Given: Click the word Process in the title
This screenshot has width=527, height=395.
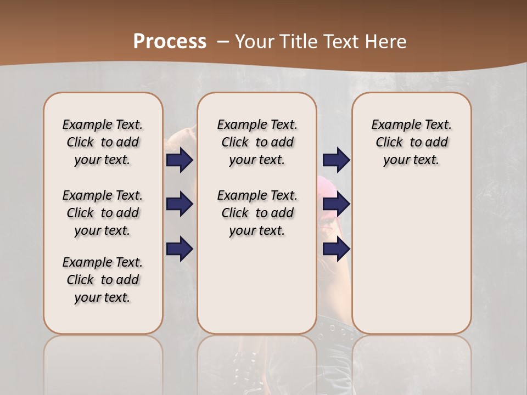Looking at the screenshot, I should (170, 41).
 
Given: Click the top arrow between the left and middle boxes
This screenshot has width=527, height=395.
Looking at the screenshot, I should (180, 160).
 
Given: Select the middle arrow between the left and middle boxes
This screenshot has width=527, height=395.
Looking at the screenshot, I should (180, 205).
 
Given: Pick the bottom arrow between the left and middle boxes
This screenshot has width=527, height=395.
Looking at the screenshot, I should (180, 249).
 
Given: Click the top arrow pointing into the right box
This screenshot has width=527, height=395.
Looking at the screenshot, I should (336, 160).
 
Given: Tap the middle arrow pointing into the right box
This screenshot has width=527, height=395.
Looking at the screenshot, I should (336, 205).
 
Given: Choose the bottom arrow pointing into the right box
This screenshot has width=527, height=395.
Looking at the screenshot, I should (336, 249).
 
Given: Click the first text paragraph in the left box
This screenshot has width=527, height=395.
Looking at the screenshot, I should (103, 142).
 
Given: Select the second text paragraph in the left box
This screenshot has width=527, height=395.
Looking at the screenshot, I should (103, 213).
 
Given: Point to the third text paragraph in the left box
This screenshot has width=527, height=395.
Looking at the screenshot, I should (103, 280).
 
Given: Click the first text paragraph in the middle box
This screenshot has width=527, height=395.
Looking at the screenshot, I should (257, 142).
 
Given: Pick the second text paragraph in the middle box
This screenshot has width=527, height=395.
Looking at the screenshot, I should (257, 213).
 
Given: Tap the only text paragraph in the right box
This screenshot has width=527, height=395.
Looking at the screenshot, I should (411, 142).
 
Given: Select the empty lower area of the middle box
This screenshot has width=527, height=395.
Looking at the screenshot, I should (257, 285).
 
